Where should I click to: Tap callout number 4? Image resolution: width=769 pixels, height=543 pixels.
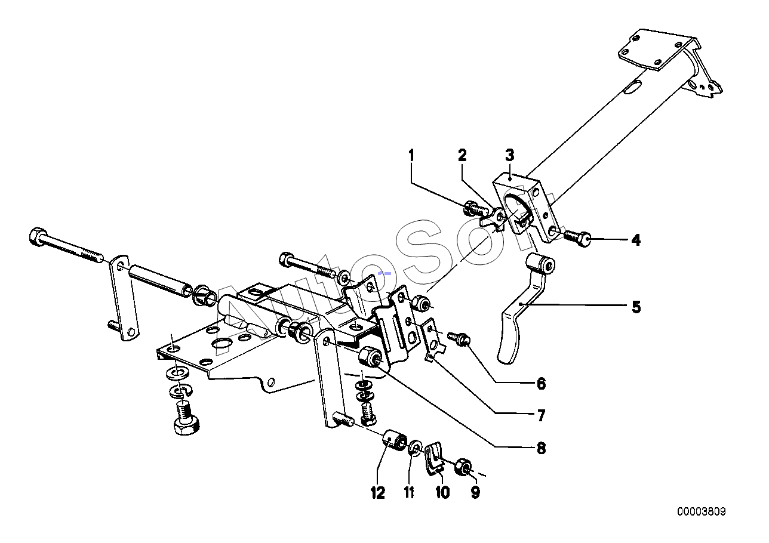[636, 240]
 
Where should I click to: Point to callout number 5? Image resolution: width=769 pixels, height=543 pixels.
[636, 307]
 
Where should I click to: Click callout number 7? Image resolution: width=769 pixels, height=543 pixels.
[541, 415]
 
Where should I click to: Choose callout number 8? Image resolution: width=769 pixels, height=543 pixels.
[541, 448]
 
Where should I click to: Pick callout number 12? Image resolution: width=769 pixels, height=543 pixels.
[377, 492]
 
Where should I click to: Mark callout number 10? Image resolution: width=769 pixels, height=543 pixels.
[442, 492]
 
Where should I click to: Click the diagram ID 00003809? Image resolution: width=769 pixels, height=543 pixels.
[702, 511]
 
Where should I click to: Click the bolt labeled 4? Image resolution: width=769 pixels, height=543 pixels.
[577, 238]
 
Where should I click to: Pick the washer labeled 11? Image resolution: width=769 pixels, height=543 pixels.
[414, 448]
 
